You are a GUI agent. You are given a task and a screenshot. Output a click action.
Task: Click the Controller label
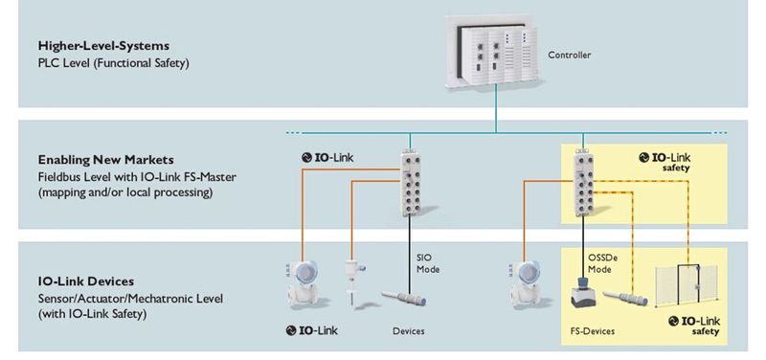pyautogui.click(x=569, y=55)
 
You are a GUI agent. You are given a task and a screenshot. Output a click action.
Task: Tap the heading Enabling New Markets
pyautogui.click(x=100, y=160)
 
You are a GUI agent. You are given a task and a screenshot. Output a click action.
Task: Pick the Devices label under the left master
pyautogui.click(x=408, y=331)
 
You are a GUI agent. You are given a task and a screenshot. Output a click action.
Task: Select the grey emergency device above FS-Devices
pyautogui.click(x=579, y=298)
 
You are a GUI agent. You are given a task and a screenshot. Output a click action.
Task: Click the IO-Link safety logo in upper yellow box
pyautogui.click(x=670, y=159)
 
